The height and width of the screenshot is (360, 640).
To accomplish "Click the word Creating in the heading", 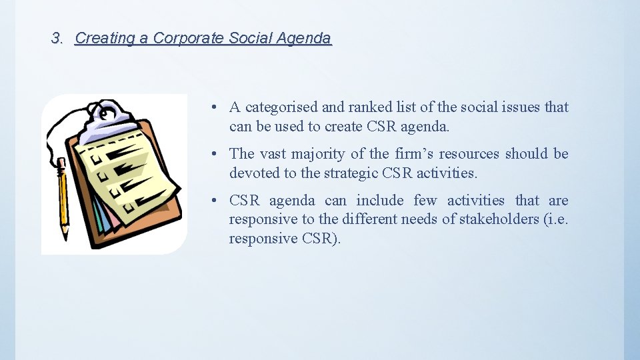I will point(101,39).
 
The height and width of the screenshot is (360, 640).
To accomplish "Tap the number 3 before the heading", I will point(56,39).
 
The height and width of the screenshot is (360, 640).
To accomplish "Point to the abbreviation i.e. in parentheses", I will point(557,219).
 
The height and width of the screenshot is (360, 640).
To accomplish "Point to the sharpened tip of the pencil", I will point(65,237).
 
